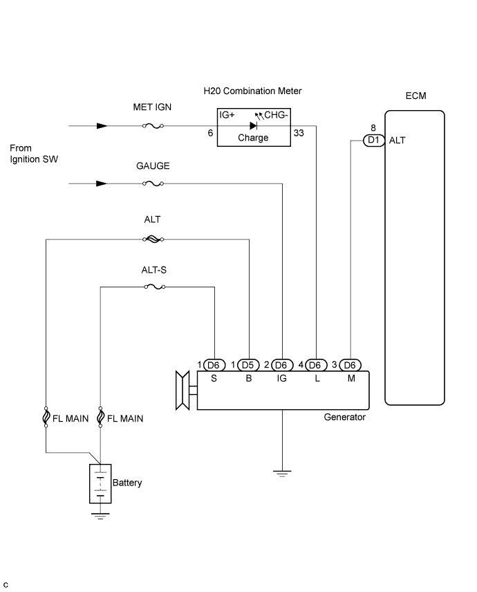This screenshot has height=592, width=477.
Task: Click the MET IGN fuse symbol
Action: [x=153, y=126]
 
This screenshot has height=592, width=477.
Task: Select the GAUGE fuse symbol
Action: [x=153, y=183]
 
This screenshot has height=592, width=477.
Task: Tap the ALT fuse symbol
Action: [x=153, y=239]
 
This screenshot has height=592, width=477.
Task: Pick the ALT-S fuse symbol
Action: [x=155, y=287]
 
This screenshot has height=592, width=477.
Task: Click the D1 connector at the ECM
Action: [x=374, y=140]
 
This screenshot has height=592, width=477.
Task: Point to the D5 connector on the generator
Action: [x=248, y=365]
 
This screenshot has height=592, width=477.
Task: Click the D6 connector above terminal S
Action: [x=214, y=365]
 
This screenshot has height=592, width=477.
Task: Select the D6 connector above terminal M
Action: [x=350, y=365]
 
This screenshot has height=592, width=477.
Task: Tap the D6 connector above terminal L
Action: [x=316, y=365]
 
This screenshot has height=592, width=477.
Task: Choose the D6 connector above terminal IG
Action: [x=281, y=365]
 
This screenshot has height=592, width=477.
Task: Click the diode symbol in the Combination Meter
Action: [x=254, y=126]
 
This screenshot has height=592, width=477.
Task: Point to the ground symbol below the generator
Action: [x=282, y=474]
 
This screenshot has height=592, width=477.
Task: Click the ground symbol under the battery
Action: [x=100, y=517]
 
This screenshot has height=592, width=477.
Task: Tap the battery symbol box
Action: [x=100, y=484]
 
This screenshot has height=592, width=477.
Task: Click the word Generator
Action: [x=345, y=418]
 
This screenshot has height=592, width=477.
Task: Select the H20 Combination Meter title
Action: [x=252, y=91]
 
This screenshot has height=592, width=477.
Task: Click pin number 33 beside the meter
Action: [x=299, y=133]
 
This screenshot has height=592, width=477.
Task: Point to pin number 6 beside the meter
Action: [x=210, y=133]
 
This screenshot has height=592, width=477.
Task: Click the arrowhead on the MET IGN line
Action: [x=102, y=126]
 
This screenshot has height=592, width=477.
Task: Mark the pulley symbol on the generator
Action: [x=183, y=391]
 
